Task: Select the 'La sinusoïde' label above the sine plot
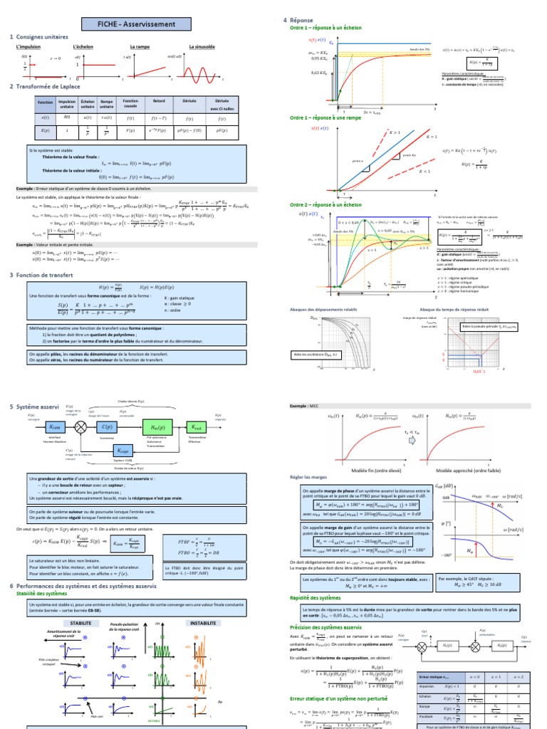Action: coord(202,47)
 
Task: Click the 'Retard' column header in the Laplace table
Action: coord(159,102)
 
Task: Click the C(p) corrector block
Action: coord(108,426)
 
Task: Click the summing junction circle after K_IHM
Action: coord(80,426)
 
